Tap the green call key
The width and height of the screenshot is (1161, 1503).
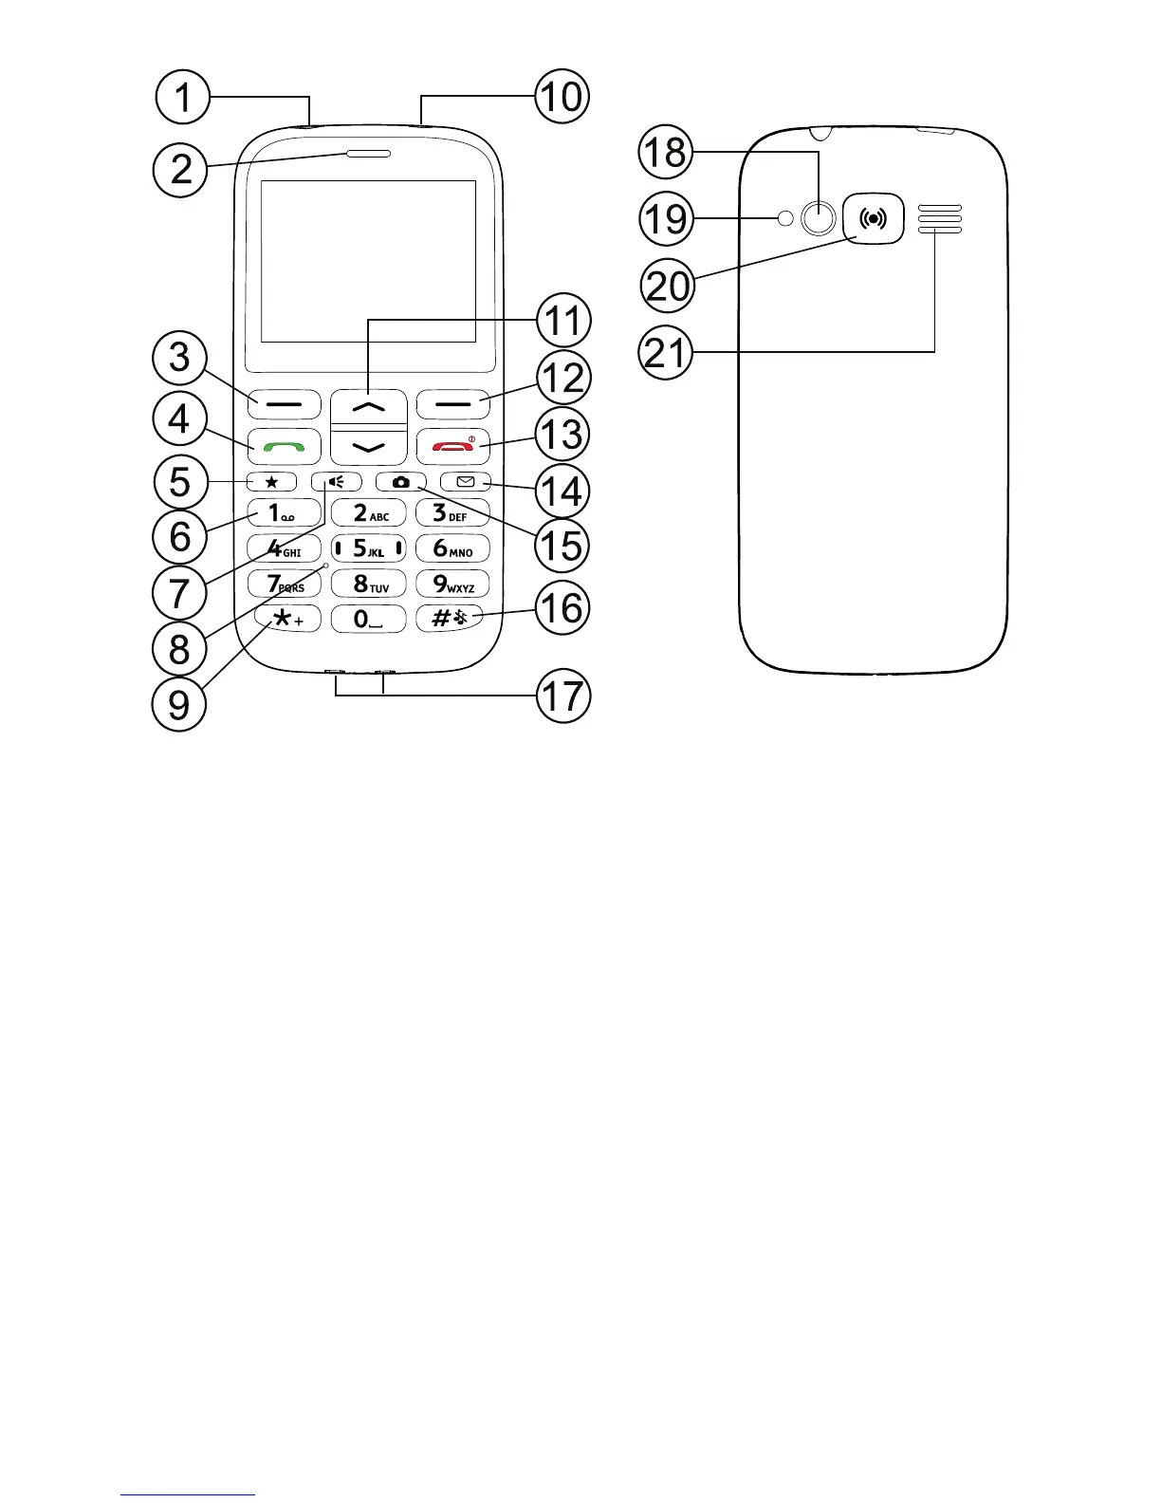click(284, 445)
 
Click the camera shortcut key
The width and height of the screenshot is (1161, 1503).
click(401, 482)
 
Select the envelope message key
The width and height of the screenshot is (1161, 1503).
click(465, 482)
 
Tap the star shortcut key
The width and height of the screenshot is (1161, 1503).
click(272, 482)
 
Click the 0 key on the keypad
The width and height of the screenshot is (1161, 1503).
click(369, 619)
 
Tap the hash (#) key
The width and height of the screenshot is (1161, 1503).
click(452, 619)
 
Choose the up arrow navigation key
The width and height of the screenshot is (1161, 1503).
click(369, 405)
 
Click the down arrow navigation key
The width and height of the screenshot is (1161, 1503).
click(369, 445)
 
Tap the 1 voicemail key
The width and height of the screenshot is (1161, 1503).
click(284, 513)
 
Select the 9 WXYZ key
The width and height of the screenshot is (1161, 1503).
click(452, 584)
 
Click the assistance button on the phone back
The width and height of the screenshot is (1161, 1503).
click(873, 219)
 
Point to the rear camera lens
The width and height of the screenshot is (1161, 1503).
click(818, 219)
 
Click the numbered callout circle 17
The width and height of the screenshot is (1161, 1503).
click(562, 696)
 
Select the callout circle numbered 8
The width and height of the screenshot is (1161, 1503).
click(179, 649)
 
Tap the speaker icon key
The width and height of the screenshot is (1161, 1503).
click(335, 482)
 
